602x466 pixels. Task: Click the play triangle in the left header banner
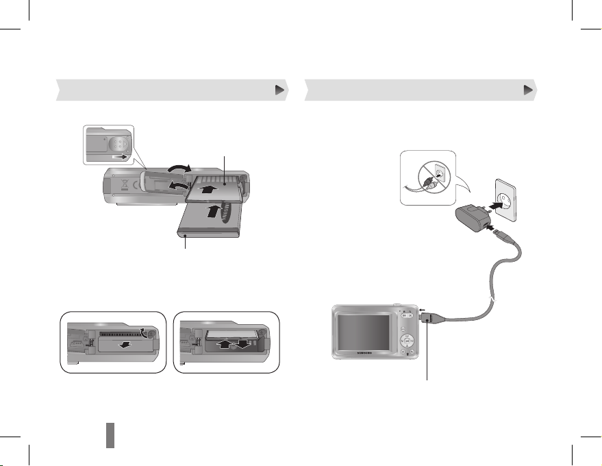point(279,89)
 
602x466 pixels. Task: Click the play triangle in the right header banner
point(527,89)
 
